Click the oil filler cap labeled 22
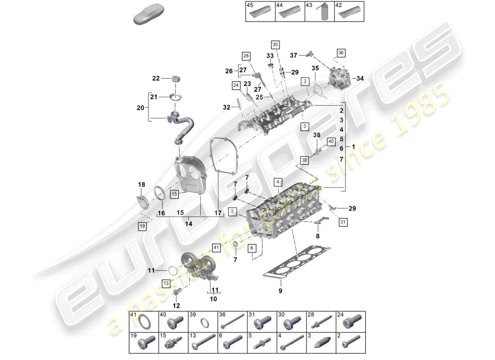[175, 79]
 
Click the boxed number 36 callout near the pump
[341, 53]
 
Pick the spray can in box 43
[323, 13]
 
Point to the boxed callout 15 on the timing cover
[175, 194]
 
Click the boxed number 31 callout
[343, 222]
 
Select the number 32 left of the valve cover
[226, 107]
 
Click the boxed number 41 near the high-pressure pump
[216, 247]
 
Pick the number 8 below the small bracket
[318, 235]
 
